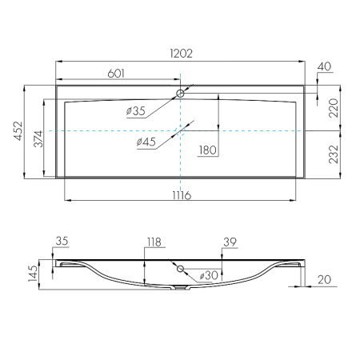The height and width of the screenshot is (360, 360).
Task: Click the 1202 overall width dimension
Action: pos(181,54)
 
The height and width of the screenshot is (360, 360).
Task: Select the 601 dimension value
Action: pos(116,74)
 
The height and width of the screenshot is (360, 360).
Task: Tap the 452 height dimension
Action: pos(18,130)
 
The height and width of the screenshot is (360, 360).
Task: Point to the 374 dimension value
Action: pos(38,138)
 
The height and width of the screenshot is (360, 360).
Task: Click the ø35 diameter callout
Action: pos(136,111)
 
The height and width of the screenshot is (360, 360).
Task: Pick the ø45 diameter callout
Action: pos(146,142)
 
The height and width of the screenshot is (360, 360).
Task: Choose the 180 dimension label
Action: pos(208,150)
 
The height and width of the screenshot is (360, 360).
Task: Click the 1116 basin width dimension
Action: pos(182,195)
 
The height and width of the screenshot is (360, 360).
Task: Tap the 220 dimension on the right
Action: pos(333,108)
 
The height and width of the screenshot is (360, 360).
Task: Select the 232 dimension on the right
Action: pos(333,154)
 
